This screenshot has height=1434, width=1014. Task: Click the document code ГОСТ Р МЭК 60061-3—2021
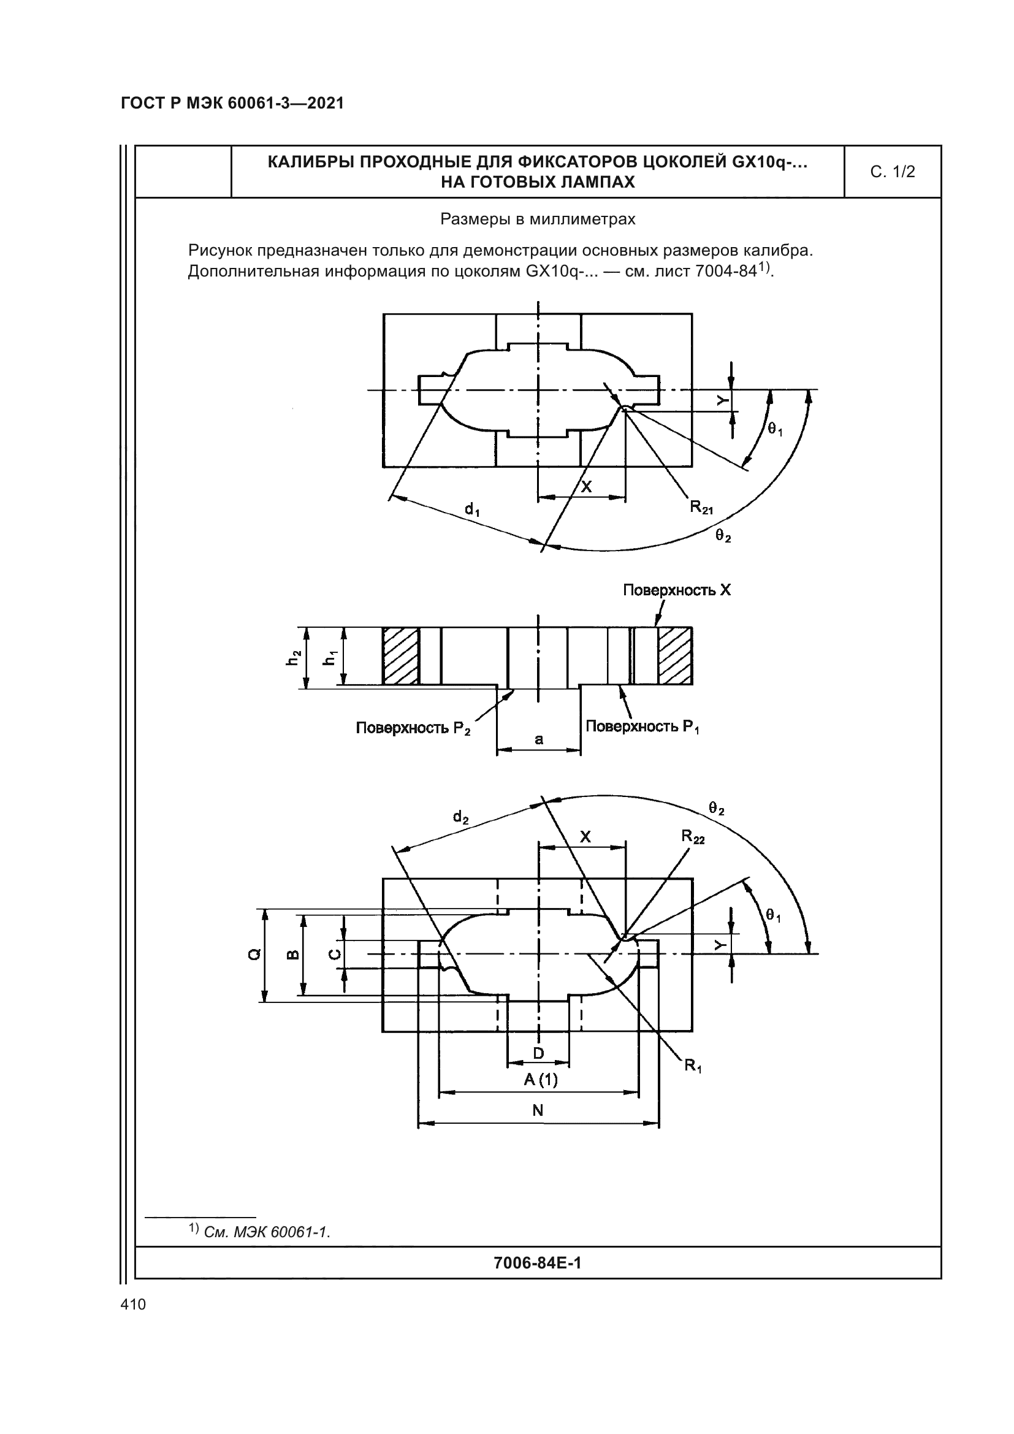[232, 104]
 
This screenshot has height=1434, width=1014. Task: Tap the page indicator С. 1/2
[892, 172]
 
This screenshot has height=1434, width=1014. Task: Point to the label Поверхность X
[676, 590]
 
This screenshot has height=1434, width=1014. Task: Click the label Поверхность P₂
[413, 728]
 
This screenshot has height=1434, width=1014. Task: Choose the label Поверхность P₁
[642, 727]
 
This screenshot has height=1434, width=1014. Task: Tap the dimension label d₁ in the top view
[472, 509]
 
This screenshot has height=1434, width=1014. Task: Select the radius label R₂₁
[701, 507]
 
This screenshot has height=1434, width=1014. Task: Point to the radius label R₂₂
[692, 836]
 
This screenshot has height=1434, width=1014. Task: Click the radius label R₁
[692, 1065]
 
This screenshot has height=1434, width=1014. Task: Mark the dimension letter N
[538, 1110]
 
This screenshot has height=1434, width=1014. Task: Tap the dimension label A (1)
[541, 1079]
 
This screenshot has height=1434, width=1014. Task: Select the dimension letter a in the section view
[539, 739]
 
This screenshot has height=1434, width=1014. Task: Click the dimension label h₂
[293, 658]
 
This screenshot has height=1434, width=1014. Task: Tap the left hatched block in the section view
[400, 656]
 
